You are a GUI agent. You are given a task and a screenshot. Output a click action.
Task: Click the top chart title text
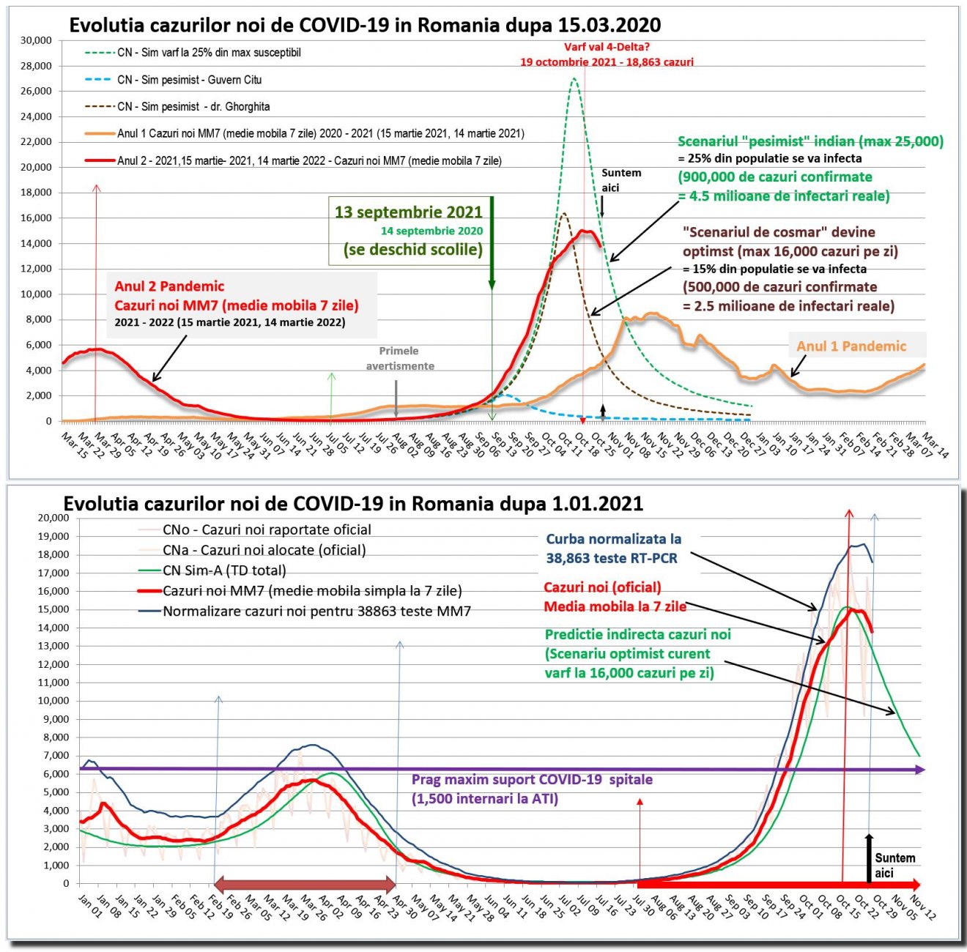pyautogui.click(x=365, y=26)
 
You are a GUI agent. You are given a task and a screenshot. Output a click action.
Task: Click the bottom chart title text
pyautogui.click(x=353, y=504)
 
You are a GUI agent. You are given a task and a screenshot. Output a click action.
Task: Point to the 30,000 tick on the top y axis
pyautogui.click(x=37, y=40)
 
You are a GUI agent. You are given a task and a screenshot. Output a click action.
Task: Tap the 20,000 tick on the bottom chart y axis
pyautogui.click(x=53, y=518)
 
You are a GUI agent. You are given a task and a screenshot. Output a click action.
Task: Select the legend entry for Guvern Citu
pyautogui.click(x=189, y=80)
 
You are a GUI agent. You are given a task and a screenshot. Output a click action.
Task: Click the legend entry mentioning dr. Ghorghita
pyautogui.click(x=193, y=107)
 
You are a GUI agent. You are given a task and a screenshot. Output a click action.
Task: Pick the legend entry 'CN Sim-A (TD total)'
pyautogui.click(x=224, y=570)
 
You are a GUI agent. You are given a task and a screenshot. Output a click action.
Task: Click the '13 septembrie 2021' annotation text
pyautogui.click(x=408, y=212)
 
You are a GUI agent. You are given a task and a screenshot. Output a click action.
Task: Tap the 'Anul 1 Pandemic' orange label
pyautogui.click(x=851, y=346)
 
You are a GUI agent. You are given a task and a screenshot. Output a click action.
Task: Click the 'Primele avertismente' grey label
pyautogui.click(x=400, y=358)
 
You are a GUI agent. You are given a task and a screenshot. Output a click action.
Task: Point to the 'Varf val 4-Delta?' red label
pyautogui.click(x=607, y=48)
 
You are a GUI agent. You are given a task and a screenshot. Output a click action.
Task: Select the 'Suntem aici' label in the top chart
pyautogui.click(x=621, y=180)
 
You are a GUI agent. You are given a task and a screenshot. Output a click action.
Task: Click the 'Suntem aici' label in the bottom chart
pyautogui.click(x=894, y=865)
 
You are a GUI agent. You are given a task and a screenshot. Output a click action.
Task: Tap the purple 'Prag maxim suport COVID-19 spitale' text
pyautogui.click(x=532, y=780)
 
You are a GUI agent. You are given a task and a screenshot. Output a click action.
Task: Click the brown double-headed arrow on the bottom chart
pyautogui.click(x=304, y=883)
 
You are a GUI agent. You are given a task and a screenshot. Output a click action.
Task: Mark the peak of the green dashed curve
pyautogui.click(x=574, y=78)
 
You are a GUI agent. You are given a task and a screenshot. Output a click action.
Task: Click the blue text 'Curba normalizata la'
pyautogui.click(x=613, y=539)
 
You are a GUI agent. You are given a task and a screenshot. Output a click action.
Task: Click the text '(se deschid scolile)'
pyautogui.click(x=413, y=250)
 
